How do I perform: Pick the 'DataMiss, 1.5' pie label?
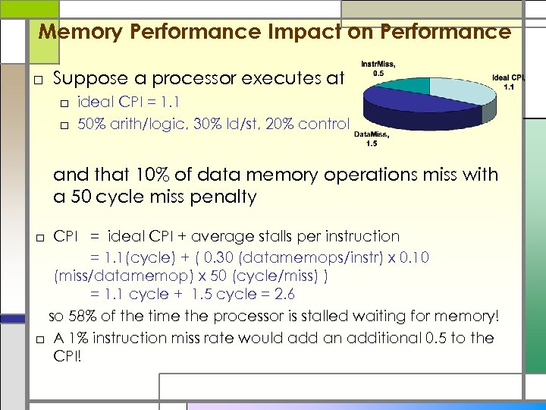[x=371, y=138]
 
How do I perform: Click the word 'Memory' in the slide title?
[x=74, y=32]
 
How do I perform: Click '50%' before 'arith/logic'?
[x=91, y=124]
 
